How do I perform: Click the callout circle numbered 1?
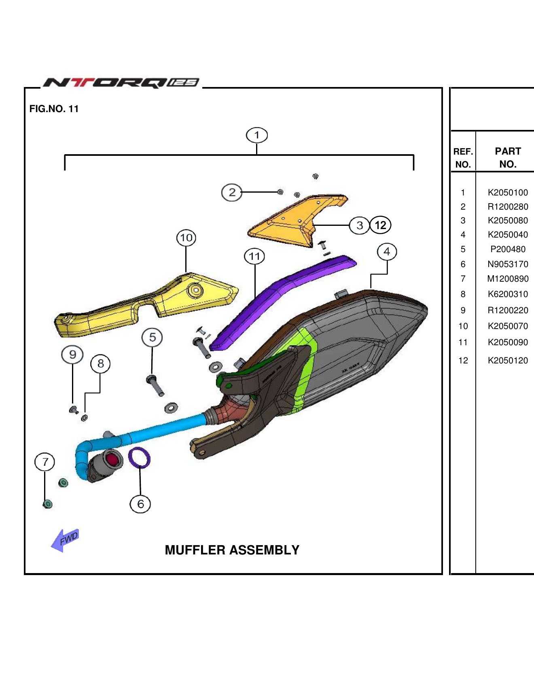point(256,135)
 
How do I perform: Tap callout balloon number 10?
point(186,238)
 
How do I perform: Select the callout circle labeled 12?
point(380,225)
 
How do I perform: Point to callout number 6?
point(140,504)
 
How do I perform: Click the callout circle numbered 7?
point(45,462)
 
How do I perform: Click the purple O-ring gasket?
point(139,458)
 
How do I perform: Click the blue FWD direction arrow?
point(65,540)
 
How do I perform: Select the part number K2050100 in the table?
point(508,193)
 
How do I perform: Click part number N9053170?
point(508,264)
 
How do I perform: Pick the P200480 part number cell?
point(508,249)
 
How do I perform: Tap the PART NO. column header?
point(508,157)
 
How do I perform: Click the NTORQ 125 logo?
point(121,83)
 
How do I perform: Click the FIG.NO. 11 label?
point(54,109)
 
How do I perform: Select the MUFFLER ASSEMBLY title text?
point(232,550)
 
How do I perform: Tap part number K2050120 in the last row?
point(508,361)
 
